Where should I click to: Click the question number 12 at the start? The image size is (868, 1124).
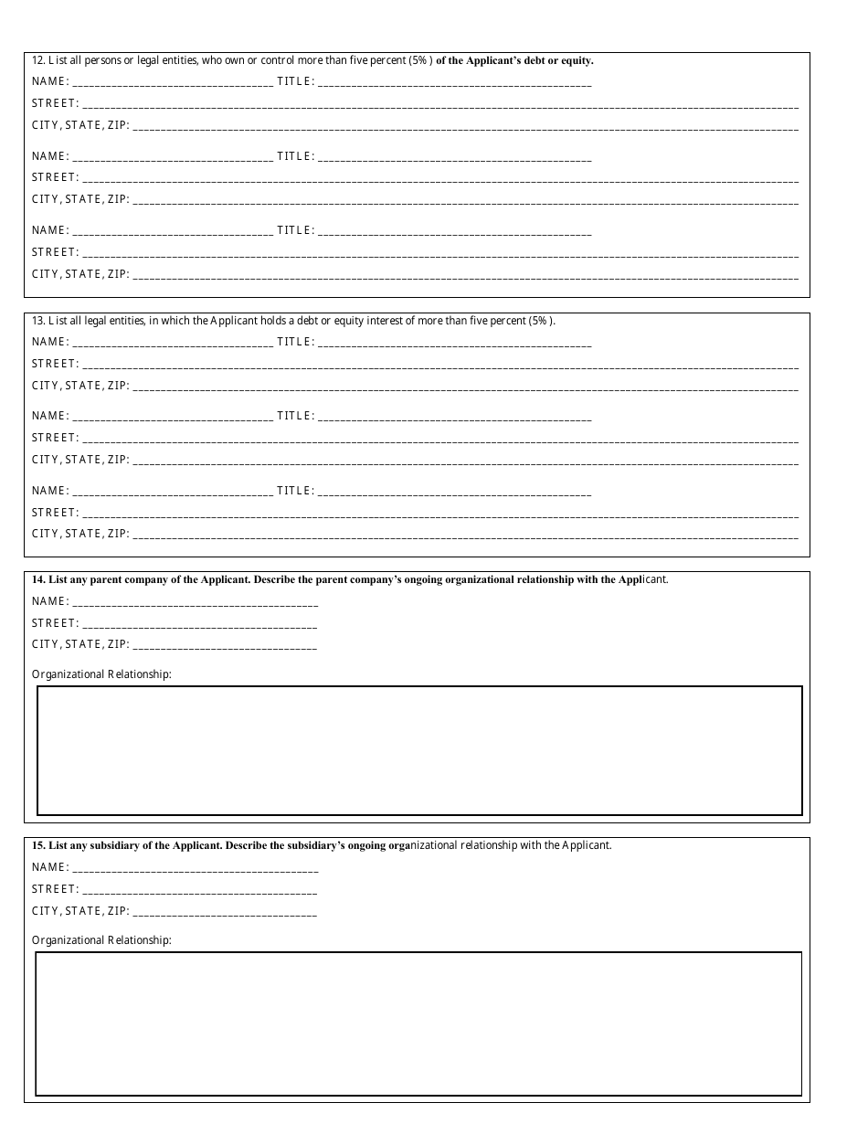click(x=37, y=61)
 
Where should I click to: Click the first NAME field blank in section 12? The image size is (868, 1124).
click(x=173, y=82)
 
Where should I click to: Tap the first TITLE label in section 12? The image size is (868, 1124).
click(x=295, y=81)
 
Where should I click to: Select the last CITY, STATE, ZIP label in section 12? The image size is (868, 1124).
click(x=80, y=274)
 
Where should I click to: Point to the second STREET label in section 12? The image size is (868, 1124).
click(x=56, y=177)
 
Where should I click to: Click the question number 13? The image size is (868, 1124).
click(x=37, y=321)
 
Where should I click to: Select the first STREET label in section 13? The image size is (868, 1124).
click(x=56, y=364)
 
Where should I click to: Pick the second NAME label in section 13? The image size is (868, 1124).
click(x=50, y=416)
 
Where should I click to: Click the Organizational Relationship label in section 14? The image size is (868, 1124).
click(x=101, y=674)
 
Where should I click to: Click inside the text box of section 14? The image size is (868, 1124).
click(x=419, y=750)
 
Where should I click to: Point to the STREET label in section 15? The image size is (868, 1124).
click(x=56, y=889)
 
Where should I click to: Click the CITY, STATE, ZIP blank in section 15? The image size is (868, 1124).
click(x=225, y=912)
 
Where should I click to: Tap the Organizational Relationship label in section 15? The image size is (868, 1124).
click(x=101, y=940)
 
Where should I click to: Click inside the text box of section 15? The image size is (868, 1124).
click(x=418, y=1023)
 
